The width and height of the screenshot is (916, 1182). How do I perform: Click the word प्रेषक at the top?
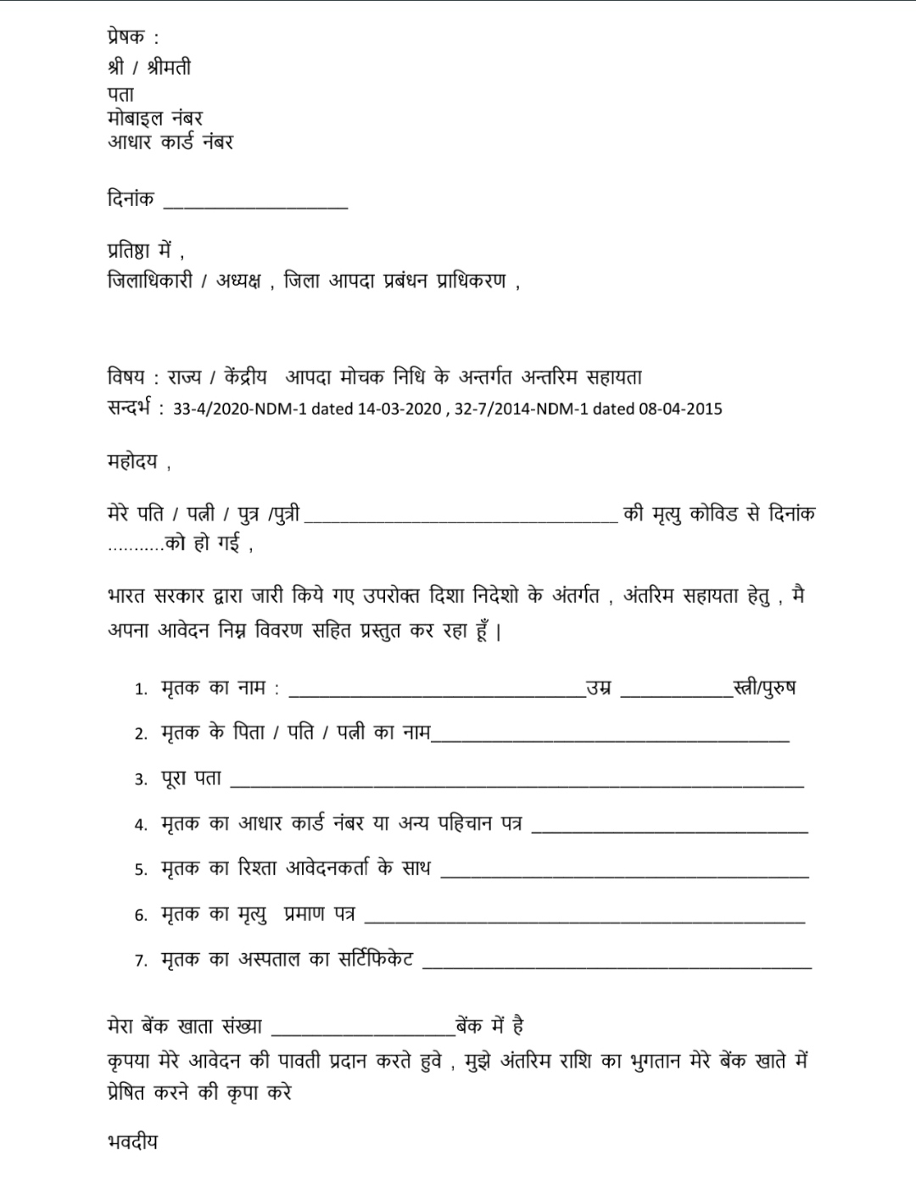click(126, 37)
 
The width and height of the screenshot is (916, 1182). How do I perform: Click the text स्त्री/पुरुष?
click(765, 688)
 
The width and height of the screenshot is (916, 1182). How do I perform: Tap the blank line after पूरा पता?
click(517, 783)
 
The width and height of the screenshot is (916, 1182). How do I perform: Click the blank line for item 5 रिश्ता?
click(624, 873)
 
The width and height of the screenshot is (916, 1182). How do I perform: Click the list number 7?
click(141, 962)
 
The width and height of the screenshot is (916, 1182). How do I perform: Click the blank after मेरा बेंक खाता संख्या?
click(363, 1031)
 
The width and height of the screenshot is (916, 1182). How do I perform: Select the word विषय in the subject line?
click(126, 377)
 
